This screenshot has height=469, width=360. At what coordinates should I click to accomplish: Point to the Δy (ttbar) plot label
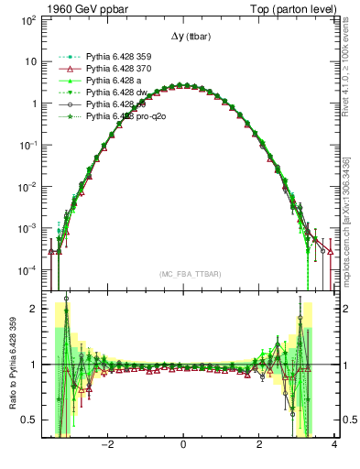[182, 37]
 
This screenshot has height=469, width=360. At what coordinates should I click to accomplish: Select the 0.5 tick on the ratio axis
[28, 420]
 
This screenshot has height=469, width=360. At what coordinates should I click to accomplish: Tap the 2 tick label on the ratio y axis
[33, 310]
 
